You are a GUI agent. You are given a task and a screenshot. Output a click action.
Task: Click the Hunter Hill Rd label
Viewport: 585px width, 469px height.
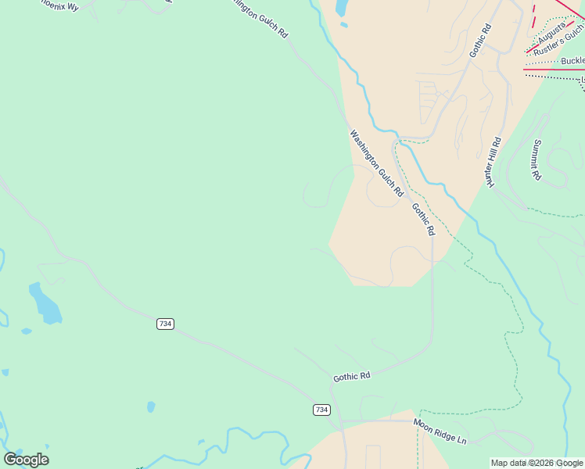click(x=493, y=162)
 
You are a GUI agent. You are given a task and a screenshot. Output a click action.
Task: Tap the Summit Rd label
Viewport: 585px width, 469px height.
click(x=537, y=159)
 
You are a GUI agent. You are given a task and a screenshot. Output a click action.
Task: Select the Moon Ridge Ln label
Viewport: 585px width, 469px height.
click(x=440, y=431)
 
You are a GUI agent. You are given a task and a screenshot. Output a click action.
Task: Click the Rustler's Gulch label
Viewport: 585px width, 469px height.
click(x=558, y=44)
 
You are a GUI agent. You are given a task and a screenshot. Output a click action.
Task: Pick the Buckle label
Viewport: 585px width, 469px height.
click(x=572, y=61)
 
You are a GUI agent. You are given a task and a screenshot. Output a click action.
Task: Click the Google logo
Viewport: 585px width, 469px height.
click(x=26, y=460)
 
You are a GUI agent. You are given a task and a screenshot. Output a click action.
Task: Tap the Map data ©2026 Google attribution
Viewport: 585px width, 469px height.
click(x=537, y=463)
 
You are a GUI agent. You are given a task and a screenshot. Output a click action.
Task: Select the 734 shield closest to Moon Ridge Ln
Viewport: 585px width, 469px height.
click(x=321, y=410)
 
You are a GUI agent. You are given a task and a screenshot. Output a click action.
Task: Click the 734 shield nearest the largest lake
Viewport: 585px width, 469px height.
click(x=165, y=324)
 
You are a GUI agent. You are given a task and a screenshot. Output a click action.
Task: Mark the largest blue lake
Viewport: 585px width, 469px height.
click(x=45, y=303)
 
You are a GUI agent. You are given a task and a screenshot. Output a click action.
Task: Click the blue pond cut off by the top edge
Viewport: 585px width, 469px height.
click(x=342, y=8)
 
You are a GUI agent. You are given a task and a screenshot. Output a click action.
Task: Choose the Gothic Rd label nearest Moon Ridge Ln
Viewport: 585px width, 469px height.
click(x=351, y=377)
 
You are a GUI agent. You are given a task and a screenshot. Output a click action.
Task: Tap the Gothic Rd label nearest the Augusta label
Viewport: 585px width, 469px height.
click(x=480, y=41)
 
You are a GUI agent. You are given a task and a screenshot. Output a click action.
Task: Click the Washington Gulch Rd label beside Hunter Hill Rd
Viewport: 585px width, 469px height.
click(x=376, y=163)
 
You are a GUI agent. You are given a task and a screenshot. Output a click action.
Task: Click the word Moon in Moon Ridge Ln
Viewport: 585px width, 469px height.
click(x=423, y=425)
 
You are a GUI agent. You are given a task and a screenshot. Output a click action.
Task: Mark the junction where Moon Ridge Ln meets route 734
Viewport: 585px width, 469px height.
click(x=342, y=422)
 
